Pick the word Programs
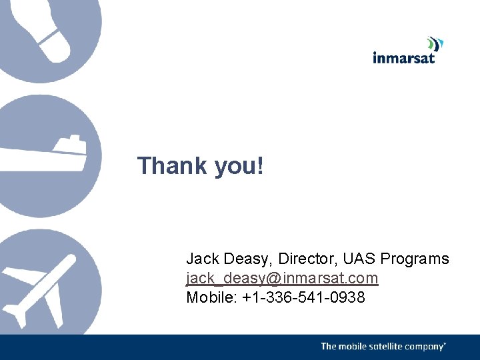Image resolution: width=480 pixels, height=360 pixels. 417,259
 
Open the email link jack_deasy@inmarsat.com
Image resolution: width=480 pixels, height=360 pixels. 282,278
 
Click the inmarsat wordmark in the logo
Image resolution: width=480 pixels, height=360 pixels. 403,58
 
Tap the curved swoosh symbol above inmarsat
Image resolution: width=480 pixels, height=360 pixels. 435,44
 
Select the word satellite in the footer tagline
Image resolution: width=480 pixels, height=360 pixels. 388,347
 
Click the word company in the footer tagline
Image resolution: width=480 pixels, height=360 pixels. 425,347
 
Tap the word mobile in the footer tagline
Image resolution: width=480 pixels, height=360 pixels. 355,347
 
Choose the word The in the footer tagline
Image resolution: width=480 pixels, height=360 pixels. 329,347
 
